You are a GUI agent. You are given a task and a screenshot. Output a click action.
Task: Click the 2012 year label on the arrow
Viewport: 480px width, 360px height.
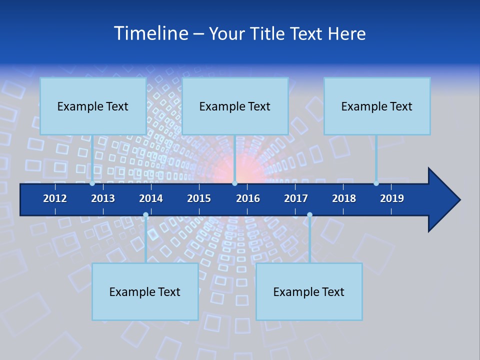(55, 198)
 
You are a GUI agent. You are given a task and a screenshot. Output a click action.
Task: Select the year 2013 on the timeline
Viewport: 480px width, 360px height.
(103, 198)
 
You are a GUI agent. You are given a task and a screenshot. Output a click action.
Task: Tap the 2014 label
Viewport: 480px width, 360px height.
(151, 198)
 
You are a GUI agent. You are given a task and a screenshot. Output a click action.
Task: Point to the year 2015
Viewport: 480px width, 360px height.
(199, 198)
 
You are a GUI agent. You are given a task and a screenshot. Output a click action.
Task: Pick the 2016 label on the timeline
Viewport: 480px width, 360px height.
(248, 198)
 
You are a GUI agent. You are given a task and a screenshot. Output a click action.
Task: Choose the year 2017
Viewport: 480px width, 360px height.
(296, 198)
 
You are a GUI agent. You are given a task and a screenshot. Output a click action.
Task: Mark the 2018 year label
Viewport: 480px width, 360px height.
(344, 198)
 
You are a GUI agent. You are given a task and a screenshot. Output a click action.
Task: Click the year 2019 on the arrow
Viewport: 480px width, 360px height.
(392, 198)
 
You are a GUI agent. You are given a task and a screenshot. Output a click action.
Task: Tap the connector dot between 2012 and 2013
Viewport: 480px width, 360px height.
(92, 183)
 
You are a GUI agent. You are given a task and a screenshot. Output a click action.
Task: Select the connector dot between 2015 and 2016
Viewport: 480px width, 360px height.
(234, 183)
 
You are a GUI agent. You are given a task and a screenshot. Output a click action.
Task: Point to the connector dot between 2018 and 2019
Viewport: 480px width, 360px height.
(376, 183)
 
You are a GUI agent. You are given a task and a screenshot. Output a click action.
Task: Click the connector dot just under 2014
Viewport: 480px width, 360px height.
(145, 215)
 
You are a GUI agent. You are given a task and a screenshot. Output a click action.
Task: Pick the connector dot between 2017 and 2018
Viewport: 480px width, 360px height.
(309, 215)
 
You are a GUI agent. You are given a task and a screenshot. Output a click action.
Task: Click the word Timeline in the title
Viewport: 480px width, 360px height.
(150, 33)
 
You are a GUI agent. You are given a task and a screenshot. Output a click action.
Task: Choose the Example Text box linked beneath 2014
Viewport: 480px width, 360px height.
(145, 292)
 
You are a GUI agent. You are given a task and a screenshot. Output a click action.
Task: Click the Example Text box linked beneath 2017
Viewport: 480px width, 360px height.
(309, 292)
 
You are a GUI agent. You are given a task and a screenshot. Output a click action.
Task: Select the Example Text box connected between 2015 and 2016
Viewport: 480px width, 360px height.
(235, 106)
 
